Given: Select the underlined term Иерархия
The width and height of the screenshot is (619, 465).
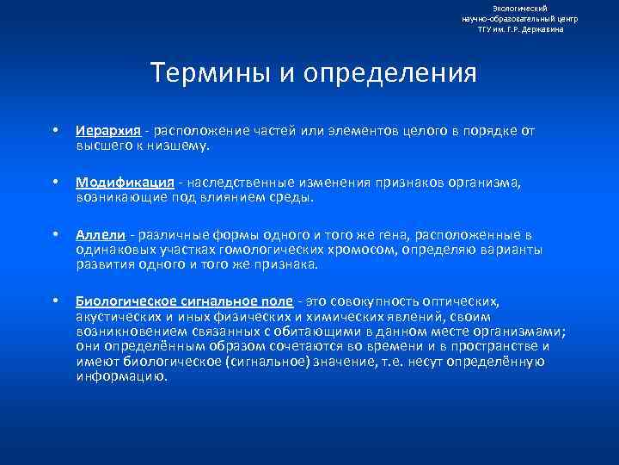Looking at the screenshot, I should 107,131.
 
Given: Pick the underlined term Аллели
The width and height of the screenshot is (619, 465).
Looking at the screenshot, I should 100,234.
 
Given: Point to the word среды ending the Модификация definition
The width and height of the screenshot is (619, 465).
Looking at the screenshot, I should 291,196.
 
